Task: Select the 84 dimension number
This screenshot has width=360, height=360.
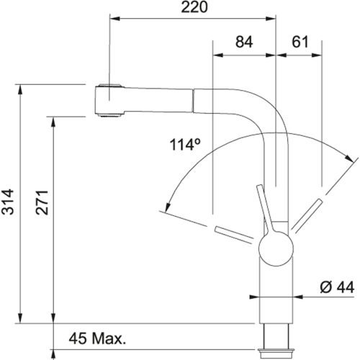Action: pos(246,43)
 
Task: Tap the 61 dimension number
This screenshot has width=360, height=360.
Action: pos(297,43)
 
